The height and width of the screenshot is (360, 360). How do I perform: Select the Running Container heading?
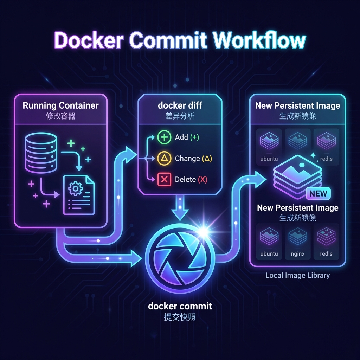point(60,105)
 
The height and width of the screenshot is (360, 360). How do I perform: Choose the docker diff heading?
point(180,105)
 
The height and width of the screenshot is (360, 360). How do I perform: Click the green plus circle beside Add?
point(164,137)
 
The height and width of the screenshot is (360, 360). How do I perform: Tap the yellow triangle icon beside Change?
point(164,159)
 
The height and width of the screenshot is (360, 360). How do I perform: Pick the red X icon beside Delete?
point(164,180)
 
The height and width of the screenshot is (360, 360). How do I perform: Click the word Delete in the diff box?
point(185,180)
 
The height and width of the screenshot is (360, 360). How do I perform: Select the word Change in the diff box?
point(187,159)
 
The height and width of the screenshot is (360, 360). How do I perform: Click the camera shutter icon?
point(180,252)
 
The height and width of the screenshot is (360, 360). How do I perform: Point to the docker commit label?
point(180,306)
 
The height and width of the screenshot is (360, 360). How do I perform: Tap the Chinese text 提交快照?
point(180,317)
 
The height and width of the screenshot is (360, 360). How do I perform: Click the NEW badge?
point(318,193)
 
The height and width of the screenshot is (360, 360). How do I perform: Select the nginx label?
point(297,254)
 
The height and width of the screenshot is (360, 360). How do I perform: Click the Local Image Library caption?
point(297,275)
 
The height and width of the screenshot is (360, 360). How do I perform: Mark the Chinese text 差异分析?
point(180,116)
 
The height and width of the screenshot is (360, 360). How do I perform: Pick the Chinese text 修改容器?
point(60,116)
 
